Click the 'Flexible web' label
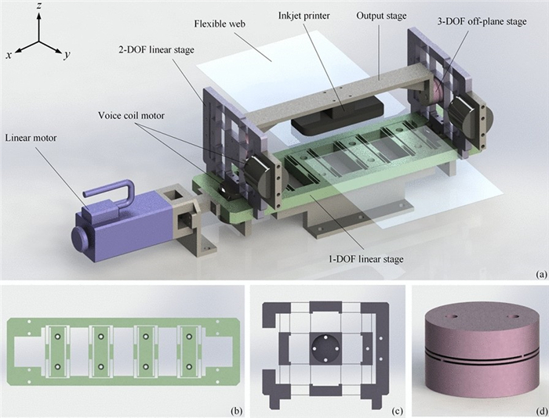[x=220, y=24]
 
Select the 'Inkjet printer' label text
[x=304, y=16]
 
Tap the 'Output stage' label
[x=381, y=16]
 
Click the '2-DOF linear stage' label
[x=155, y=49]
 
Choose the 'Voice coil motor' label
[x=131, y=115]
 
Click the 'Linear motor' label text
[x=31, y=138]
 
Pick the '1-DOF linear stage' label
[x=365, y=259]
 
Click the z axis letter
[x=39, y=6]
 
